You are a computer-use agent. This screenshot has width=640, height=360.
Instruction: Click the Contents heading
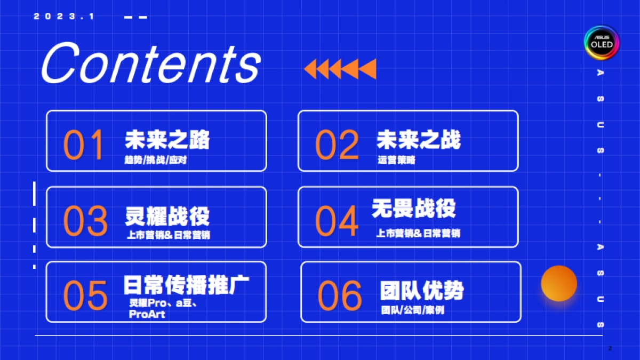(150, 63)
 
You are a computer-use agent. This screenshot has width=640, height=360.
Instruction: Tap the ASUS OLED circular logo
(601, 42)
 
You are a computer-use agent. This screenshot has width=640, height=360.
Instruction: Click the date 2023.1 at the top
(64, 17)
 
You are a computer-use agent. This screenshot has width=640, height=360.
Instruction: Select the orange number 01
(83, 145)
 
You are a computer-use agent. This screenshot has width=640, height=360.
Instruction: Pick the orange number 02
(337, 145)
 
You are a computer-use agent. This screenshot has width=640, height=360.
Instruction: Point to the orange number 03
(85, 221)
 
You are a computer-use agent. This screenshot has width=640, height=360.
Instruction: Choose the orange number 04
(337, 221)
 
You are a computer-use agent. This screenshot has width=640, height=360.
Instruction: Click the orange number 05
(85, 295)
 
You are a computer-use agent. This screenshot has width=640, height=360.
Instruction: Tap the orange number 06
(340, 295)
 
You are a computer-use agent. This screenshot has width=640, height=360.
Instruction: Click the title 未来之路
(167, 139)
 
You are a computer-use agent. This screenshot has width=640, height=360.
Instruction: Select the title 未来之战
(418, 139)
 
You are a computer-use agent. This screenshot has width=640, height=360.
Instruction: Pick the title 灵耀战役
(167, 216)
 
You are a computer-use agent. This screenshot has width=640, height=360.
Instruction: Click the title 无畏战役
(414, 208)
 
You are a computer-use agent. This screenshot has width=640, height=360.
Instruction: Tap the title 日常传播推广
(186, 285)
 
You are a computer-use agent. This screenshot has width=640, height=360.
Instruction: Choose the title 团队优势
(421, 291)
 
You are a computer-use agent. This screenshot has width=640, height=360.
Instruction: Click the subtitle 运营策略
(396, 159)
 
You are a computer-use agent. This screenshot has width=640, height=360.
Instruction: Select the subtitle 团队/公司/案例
(412, 310)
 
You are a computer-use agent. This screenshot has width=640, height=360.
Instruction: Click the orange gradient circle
(559, 283)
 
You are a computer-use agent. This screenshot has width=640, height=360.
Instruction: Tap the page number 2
(610, 348)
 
